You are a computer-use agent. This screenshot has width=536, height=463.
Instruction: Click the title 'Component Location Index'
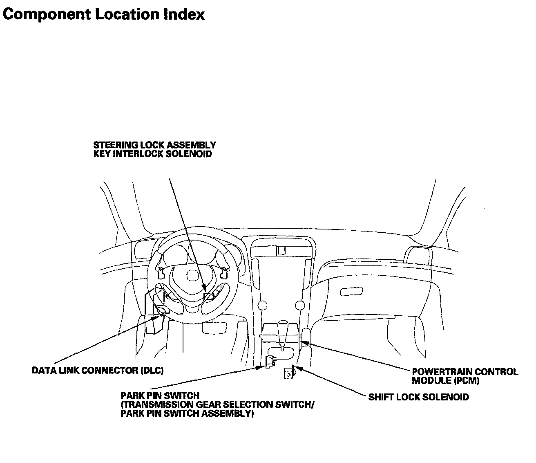[104, 15]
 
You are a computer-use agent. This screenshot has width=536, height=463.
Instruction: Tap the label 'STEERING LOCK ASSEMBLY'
[154, 145]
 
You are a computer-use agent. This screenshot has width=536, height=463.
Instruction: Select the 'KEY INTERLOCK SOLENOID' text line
[152, 154]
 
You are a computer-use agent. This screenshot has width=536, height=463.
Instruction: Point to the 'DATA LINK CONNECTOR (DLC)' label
[98, 371]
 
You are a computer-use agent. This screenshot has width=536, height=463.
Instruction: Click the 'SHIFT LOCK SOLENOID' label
[418, 397]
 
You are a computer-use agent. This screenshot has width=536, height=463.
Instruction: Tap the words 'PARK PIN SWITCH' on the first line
[160, 396]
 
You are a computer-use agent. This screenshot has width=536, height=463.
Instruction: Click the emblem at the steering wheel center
[192, 275]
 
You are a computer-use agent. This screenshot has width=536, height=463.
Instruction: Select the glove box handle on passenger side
[351, 291]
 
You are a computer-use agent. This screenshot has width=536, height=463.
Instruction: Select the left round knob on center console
[262, 305]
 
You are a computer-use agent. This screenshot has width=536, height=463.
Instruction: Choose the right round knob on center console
[300, 305]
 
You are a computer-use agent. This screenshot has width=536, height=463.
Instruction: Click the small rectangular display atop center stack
[281, 251]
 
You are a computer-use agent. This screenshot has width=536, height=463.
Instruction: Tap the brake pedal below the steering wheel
[214, 328]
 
